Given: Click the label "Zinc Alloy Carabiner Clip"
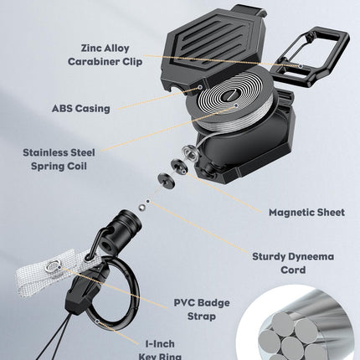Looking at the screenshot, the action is click(105, 55).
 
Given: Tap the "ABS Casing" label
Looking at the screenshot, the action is click(81, 108).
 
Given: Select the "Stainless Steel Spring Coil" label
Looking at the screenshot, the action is click(59, 159).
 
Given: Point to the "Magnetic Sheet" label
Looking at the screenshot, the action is click(306, 213).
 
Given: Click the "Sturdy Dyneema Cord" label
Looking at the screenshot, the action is click(293, 263).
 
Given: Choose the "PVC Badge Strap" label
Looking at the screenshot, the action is click(202, 310).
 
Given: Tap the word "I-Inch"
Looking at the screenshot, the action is click(160, 344).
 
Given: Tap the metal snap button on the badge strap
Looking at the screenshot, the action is click(54, 265).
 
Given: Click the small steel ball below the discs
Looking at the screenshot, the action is click(142, 208).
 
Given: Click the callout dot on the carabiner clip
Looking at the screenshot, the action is click(301, 66).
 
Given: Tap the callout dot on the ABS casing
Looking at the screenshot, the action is click(200, 87).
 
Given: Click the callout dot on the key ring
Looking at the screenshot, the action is click(97, 321).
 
